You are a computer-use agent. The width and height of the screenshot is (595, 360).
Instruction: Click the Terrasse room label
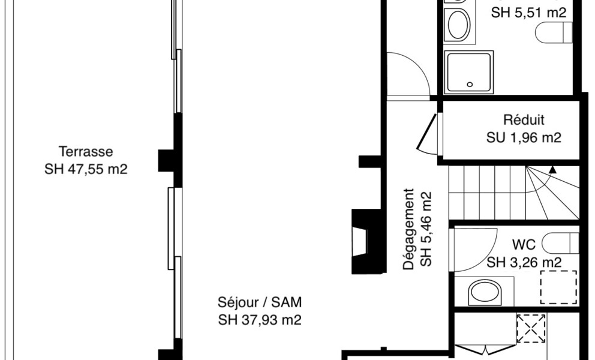86,152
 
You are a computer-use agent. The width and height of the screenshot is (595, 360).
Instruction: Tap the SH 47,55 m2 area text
86,169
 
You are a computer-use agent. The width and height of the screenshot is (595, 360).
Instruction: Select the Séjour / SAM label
260,302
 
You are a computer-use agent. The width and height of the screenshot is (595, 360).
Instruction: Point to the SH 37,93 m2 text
260,320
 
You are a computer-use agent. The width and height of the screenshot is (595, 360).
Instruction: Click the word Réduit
524,120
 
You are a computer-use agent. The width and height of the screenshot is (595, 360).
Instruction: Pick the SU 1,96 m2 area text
524,137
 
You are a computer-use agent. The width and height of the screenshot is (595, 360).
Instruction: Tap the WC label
524,245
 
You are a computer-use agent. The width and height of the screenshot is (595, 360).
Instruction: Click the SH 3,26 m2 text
524,262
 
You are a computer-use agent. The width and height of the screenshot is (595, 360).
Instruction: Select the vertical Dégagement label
408,229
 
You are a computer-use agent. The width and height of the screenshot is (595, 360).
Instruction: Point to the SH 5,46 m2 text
426,229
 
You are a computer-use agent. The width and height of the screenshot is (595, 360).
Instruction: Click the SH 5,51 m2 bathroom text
528,13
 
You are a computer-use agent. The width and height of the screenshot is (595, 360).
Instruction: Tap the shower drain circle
470,85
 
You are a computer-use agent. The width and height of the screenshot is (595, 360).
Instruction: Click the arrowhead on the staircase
552,170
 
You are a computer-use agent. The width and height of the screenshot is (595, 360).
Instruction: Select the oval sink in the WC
485,293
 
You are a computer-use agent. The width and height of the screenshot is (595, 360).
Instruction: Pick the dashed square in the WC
558,287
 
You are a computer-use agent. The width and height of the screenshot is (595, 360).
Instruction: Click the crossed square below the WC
531,328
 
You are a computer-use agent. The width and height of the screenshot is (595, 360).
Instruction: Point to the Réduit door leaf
427,131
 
